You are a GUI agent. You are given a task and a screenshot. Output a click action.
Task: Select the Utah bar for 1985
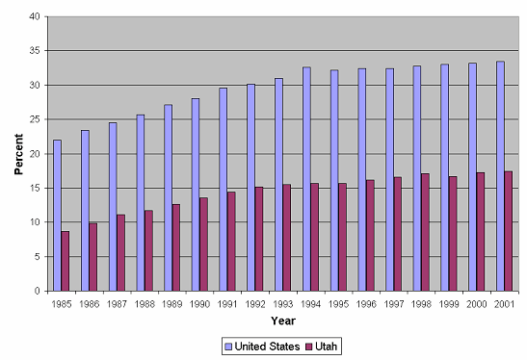click(66, 260)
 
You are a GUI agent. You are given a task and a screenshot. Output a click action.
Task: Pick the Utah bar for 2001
click(508, 230)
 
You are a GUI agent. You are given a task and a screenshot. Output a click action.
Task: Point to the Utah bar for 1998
click(425, 231)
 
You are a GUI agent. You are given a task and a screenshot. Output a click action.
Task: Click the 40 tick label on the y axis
click(35, 16)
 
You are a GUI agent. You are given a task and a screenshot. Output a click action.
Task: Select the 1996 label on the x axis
click(365, 303)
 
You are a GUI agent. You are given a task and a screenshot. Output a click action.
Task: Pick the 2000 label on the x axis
click(476, 303)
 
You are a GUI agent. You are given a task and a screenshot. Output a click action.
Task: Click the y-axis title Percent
click(17, 154)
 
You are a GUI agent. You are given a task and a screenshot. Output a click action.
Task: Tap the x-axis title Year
click(282, 321)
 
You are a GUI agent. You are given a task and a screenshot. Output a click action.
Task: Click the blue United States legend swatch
click(227, 345)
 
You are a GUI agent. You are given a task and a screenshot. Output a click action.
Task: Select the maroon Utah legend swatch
click(310, 345)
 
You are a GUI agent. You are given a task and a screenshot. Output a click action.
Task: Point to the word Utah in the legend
click(329, 345)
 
